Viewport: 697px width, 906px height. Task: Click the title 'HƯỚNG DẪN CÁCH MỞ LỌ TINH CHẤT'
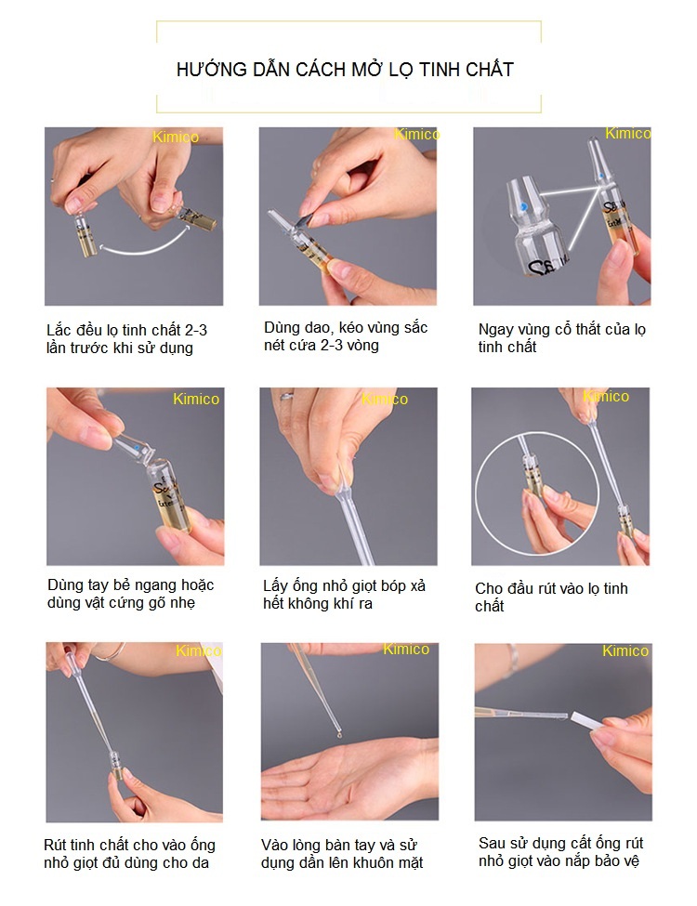345,70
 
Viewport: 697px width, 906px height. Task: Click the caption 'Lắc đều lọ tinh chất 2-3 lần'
133,339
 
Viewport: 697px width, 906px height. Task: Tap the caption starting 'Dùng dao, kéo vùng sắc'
346,336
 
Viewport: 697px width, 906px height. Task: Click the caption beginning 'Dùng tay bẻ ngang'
130,594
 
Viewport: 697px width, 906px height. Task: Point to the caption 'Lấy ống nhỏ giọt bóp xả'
344,595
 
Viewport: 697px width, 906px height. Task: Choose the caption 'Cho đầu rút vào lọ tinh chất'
551,597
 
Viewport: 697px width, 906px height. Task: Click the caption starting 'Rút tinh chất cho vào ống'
129,854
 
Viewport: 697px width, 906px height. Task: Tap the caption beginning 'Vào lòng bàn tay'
342,854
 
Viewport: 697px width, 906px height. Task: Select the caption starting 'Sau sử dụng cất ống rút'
560,852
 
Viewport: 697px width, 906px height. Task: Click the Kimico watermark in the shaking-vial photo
176,138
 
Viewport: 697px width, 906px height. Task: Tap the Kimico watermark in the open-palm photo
406,650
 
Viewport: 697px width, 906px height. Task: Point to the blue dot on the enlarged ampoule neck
527,207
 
